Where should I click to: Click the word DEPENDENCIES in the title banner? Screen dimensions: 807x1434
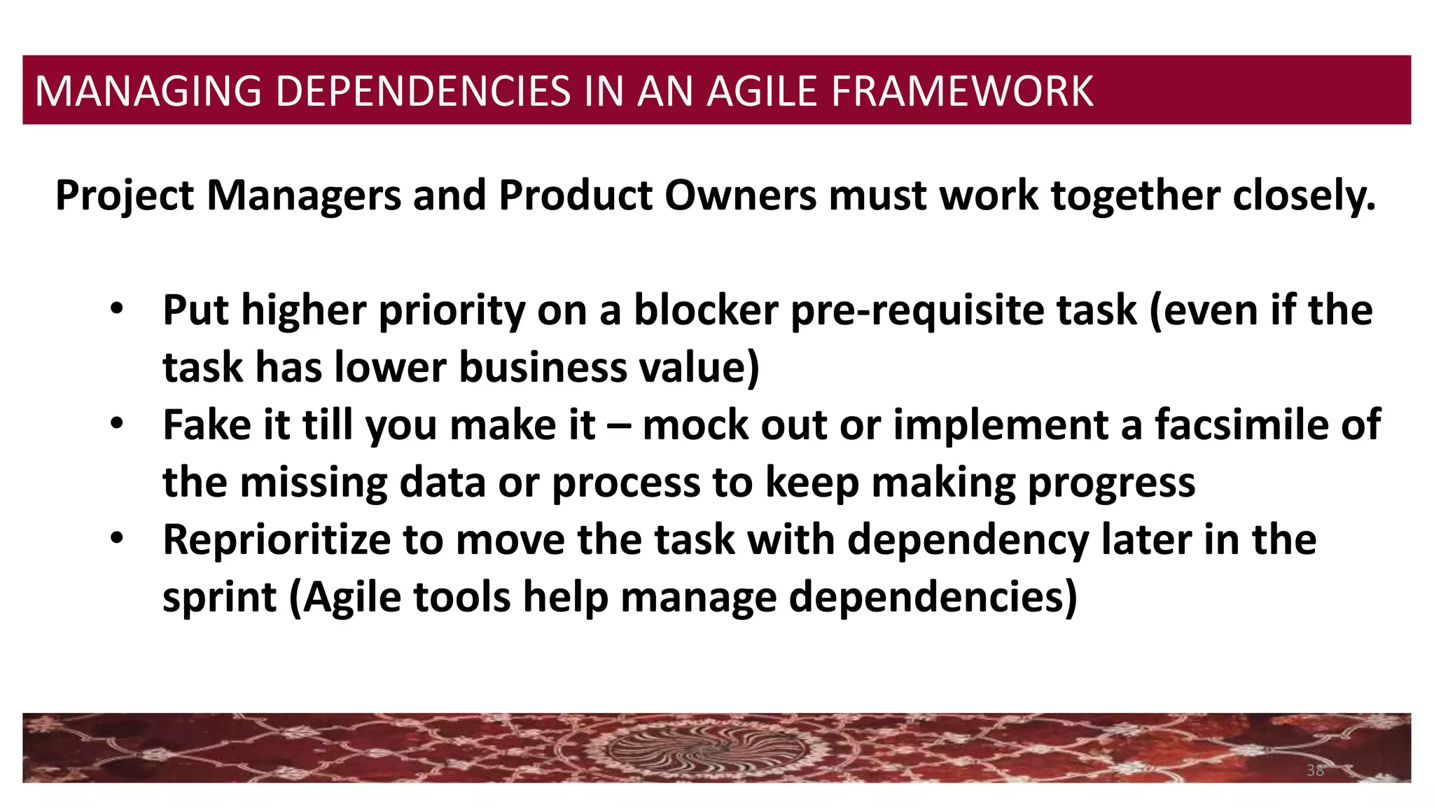point(424,91)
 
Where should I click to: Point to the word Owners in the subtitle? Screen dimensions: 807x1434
point(740,195)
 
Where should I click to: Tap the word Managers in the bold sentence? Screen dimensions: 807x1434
point(304,195)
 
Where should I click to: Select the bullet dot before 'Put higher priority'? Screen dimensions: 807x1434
point(116,309)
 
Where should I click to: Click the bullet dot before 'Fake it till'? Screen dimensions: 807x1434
point(116,424)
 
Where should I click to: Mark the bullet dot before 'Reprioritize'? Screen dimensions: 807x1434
point(116,539)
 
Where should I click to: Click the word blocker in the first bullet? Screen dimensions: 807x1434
point(706,310)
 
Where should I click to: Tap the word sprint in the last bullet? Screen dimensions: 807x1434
point(220,598)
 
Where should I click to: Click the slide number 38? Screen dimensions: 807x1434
point(1315,771)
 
